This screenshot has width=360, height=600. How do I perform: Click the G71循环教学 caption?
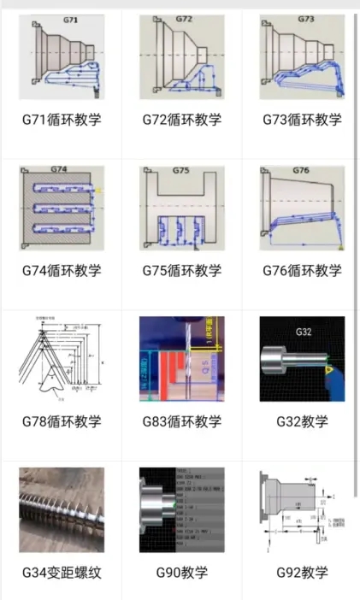point(62,120)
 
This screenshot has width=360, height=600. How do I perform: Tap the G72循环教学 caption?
point(182,120)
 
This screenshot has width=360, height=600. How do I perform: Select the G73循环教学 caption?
point(302,120)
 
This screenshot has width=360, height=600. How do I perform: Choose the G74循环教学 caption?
point(62,271)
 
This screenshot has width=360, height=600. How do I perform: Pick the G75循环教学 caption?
point(182,271)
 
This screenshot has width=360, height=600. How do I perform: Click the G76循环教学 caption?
point(302,271)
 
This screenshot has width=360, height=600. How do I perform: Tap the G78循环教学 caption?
point(62,421)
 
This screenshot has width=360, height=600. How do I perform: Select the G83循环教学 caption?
point(182,421)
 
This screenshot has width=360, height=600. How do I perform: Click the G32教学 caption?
point(302,421)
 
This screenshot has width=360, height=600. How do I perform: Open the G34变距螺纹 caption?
point(62,572)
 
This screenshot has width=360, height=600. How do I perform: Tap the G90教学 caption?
point(182,572)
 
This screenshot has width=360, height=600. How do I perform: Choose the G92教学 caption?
point(302,572)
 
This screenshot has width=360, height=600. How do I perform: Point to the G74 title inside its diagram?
point(59,170)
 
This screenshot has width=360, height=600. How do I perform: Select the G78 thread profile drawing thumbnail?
point(62,358)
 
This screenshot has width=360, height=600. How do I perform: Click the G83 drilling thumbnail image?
point(182,358)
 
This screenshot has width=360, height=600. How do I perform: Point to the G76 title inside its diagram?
point(301,170)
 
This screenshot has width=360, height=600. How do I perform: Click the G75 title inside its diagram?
point(180,170)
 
